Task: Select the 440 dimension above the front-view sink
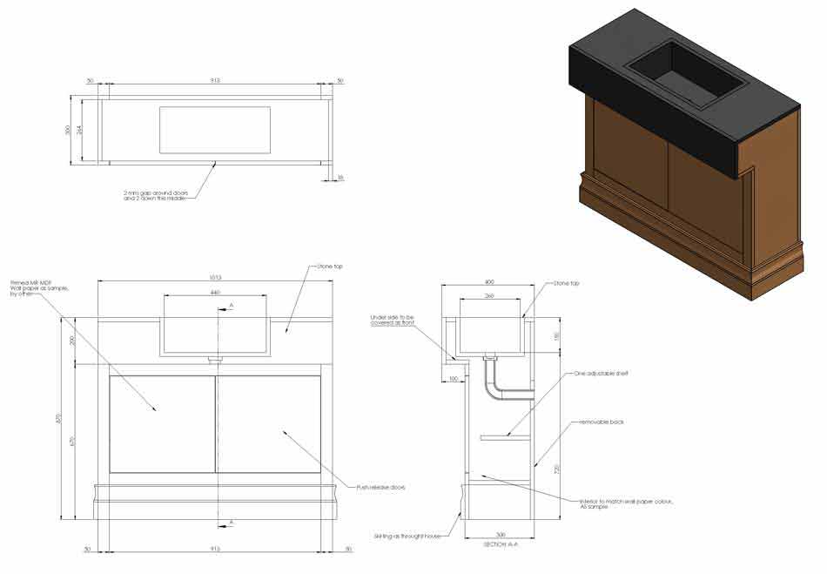tap(215, 293)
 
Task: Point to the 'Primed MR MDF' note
tap(32, 288)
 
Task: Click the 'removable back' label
tap(602, 422)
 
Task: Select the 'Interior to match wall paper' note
tap(626, 503)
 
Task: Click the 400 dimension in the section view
tap(488, 282)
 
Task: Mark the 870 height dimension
tap(59, 418)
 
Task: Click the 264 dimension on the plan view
tap(80, 131)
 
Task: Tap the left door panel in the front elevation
tap(162, 424)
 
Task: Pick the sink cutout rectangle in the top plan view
tap(214, 130)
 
